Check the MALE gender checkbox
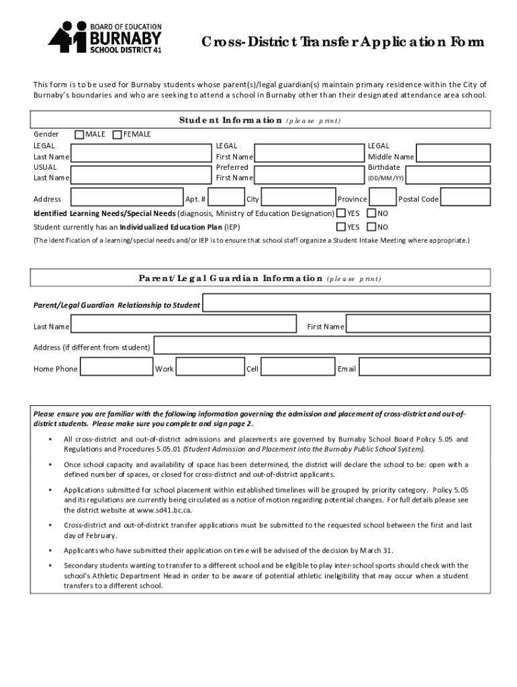[x=79, y=135]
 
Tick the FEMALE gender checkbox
[x=117, y=135]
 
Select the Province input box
[x=383, y=197]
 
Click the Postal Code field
[x=465, y=197]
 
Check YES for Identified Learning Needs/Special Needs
[x=340, y=213]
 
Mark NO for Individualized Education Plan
[x=371, y=227]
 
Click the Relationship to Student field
[x=346, y=305]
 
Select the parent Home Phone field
[x=117, y=368]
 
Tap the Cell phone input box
[x=297, y=368]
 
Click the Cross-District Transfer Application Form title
[x=342, y=43]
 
